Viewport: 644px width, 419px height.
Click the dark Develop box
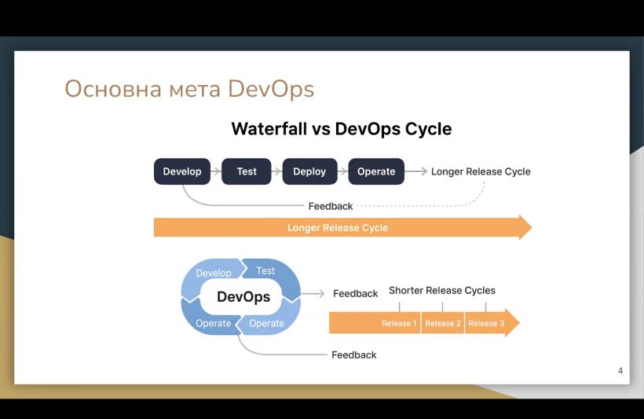182,171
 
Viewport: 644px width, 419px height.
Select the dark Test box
247,171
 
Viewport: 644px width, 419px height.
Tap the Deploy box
309,171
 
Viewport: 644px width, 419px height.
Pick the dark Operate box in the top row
376,171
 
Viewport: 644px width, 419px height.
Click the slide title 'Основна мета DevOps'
189,89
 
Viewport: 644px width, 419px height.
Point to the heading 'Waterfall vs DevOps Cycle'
342,129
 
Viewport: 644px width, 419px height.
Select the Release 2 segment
443,323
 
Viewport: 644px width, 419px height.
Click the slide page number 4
620,371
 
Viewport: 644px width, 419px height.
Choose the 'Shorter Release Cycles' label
442,290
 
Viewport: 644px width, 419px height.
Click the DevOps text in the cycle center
243,296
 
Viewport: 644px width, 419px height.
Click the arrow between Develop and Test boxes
216,171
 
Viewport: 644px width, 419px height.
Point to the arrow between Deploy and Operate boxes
343,171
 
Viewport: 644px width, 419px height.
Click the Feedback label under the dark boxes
331,206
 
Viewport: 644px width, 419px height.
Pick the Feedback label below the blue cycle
354,355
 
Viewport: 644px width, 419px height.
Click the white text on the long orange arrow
338,228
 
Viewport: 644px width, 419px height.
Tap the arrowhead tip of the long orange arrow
532,227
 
